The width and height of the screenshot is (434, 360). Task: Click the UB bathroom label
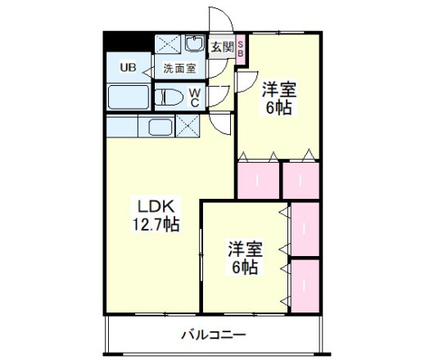click(129, 68)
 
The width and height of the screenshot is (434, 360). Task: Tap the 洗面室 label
click(179, 69)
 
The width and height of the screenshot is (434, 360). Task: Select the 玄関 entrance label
click(221, 47)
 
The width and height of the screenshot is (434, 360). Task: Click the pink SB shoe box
click(241, 47)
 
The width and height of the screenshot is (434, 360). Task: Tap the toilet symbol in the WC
click(170, 97)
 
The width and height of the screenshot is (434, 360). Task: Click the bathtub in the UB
click(129, 96)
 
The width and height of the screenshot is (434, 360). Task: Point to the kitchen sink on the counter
click(156, 126)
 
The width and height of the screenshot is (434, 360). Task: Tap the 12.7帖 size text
click(156, 223)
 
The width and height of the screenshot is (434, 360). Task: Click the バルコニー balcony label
click(213, 335)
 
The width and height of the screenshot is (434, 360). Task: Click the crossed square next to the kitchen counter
click(187, 126)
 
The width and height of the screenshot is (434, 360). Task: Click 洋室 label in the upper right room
click(278, 88)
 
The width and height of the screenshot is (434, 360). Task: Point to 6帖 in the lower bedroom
click(244, 267)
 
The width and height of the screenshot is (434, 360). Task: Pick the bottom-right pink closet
click(305, 285)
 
